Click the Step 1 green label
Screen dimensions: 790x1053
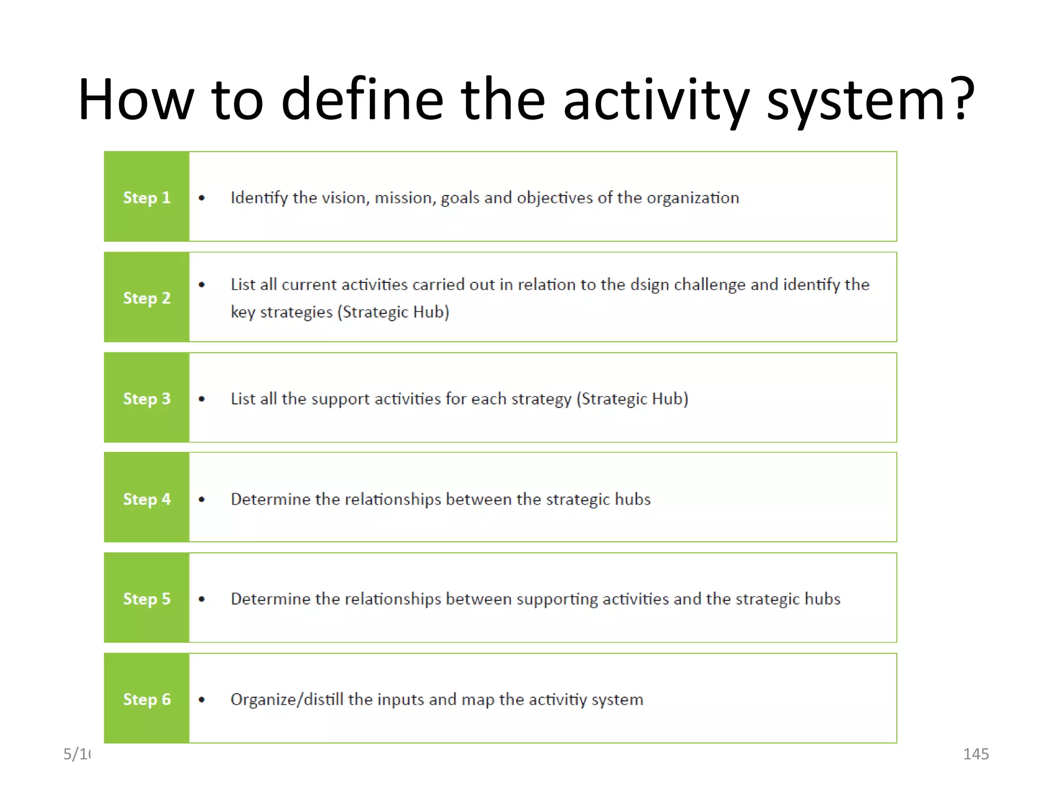pos(147,197)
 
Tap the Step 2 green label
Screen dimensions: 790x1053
pos(147,297)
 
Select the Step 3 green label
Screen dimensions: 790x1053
pos(147,398)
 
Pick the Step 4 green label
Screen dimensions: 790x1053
pos(147,498)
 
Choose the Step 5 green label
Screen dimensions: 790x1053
pos(147,598)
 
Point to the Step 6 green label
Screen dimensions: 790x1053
pos(147,699)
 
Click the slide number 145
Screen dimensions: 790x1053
pos(975,754)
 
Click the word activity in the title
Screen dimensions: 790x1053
pos(656,100)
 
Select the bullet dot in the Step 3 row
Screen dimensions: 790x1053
pos(202,399)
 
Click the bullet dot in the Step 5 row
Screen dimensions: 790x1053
pos(202,599)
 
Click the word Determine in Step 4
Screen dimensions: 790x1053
pos(270,499)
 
